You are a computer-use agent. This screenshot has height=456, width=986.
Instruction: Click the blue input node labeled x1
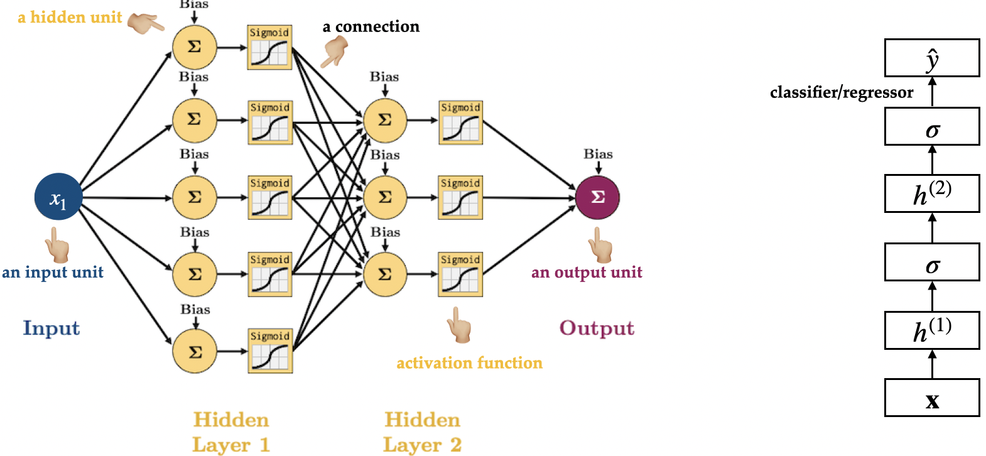[58, 197]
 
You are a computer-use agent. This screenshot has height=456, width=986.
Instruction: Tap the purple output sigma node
[597, 197]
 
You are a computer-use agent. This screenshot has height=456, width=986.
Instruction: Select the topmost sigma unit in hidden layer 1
[195, 46]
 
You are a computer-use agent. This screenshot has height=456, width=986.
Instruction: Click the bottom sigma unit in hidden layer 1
[195, 351]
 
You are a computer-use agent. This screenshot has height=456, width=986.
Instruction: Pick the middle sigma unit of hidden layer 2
[385, 197]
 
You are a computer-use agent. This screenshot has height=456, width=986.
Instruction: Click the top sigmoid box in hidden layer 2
[460, 122]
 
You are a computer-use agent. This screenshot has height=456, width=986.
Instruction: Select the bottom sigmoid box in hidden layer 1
[270, 350]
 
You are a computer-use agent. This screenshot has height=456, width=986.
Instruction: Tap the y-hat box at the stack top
[932, 58]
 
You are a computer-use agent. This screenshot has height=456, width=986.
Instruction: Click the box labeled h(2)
[932, 193]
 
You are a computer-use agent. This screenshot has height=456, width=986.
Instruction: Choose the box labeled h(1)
[932, 330]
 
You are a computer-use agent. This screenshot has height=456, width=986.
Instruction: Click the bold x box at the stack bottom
[932, 398]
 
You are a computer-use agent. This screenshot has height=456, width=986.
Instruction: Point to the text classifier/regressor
[842, 92]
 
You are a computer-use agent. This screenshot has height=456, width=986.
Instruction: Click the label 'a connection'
[371, 27]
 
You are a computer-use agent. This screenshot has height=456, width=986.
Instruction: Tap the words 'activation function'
[469, 363]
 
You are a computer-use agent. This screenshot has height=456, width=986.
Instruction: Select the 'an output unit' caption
[587, 272]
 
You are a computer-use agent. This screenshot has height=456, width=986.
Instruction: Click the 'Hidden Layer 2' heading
[422, 432]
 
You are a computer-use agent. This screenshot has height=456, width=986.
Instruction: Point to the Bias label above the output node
[598, 154]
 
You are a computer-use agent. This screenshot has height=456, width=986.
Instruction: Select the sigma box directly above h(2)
[932, 126]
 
